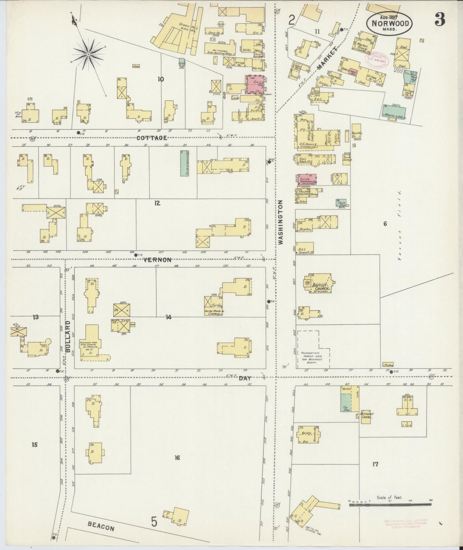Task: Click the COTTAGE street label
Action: (x=152, y=138)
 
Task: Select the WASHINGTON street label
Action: (x=281, y=222)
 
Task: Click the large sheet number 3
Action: (x=440, y=20)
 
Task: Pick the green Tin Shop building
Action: (x=345, y=403)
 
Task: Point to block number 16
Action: (x=177, y=457)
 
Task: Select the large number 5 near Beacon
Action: (x=154, y=522)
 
